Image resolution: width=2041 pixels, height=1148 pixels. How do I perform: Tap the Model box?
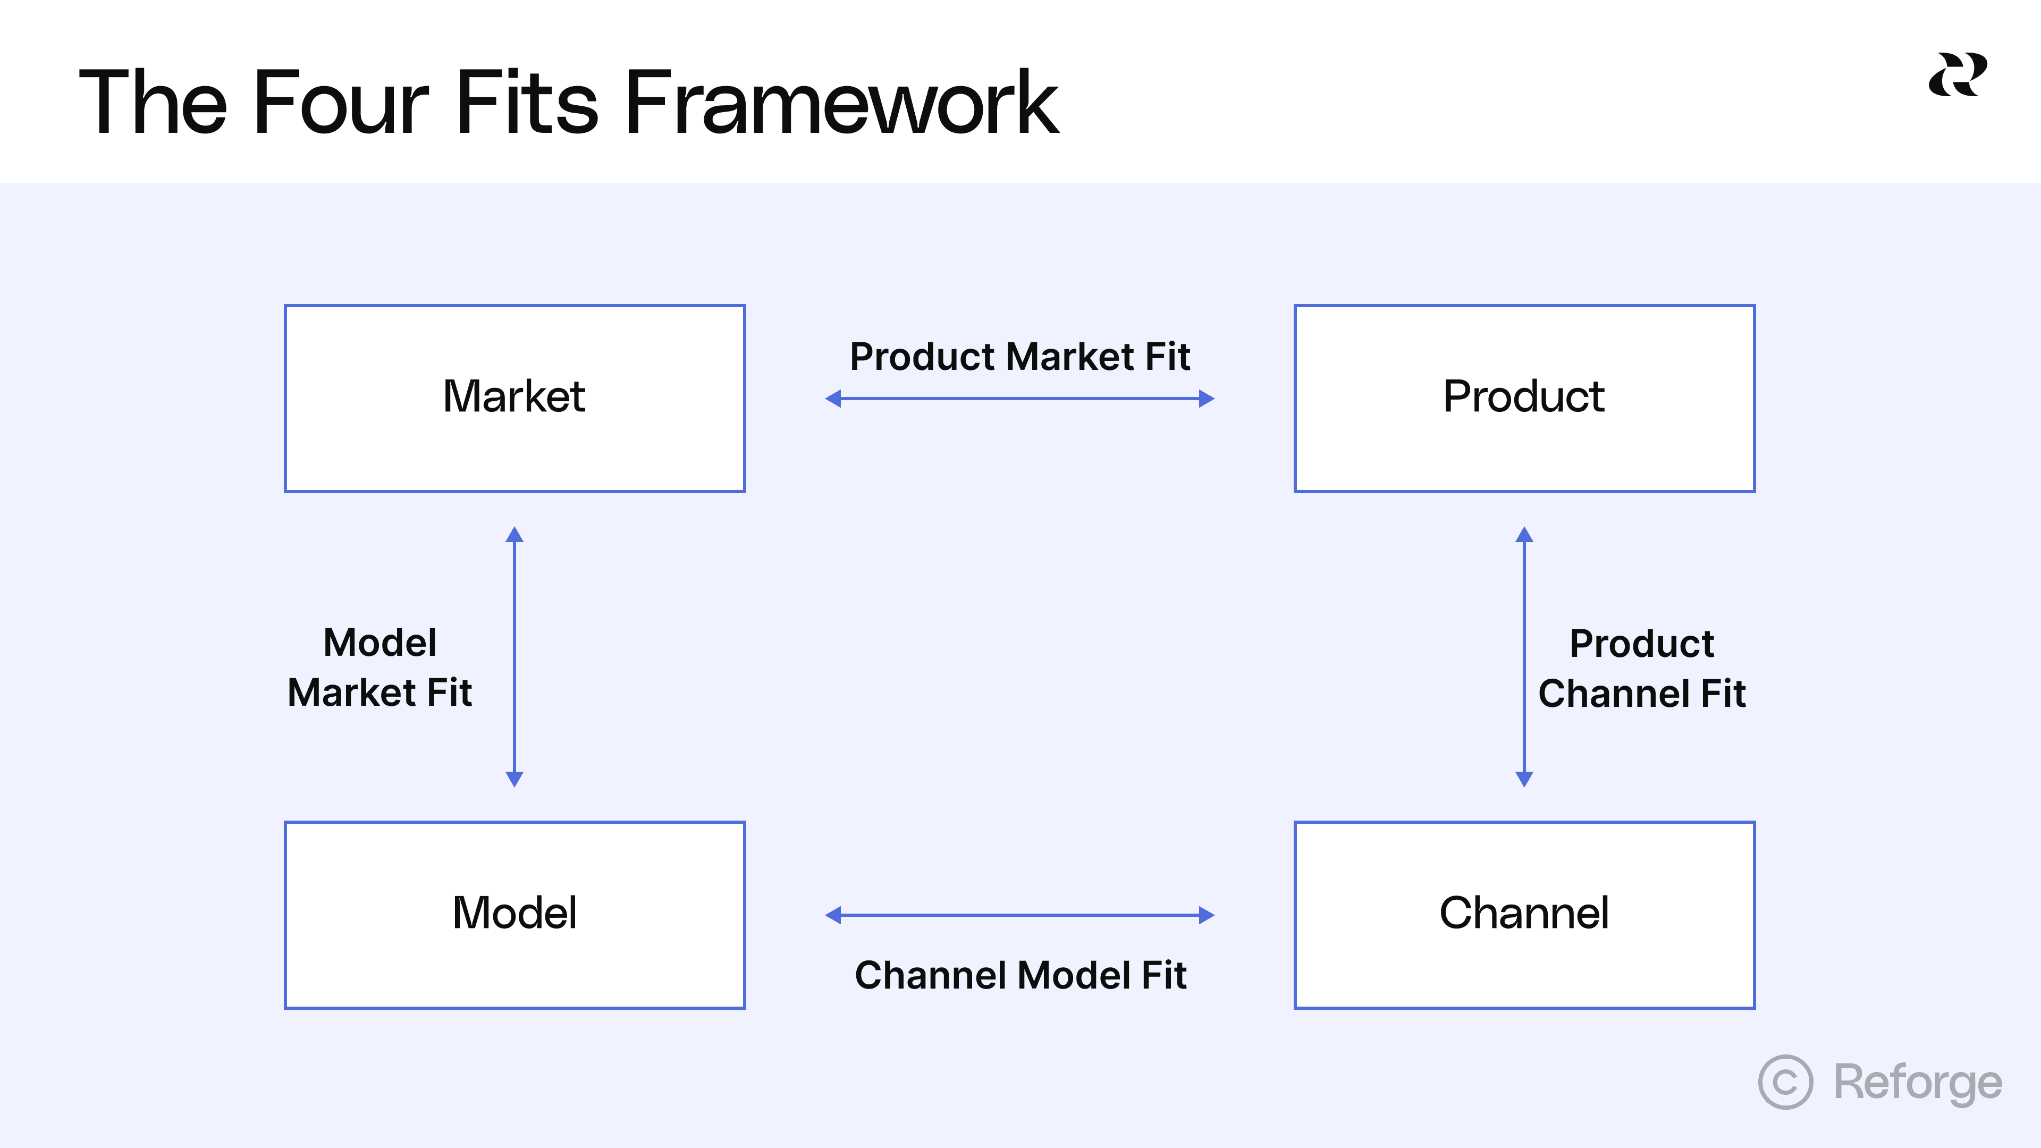tap(514, 914)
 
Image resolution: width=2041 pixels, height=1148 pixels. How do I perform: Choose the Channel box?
tap(1524, 914)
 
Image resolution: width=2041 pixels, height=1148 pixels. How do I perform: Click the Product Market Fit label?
tap(1020, 357)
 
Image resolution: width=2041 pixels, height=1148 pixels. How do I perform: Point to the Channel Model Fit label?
tap(1020, 975)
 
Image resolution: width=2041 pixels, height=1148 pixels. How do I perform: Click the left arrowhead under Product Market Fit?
tap(833, 399)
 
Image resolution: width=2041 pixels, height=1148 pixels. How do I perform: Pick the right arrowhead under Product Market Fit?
tap(1206, 399)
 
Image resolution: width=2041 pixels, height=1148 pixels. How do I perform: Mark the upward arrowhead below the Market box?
tap(514, 535)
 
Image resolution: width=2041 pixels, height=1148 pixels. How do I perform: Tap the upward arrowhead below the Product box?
tap(1524, 535)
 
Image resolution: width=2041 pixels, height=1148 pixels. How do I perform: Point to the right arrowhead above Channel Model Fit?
tap(1206, 915)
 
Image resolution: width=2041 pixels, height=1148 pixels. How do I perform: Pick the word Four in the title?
tap(340, 103)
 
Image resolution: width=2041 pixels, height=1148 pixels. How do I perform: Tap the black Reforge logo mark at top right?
tap(1957, 74)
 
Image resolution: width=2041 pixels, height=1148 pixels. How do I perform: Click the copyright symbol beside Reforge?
tap(1785, 1082)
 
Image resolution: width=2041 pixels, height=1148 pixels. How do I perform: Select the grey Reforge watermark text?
tap(1917, 1082)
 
